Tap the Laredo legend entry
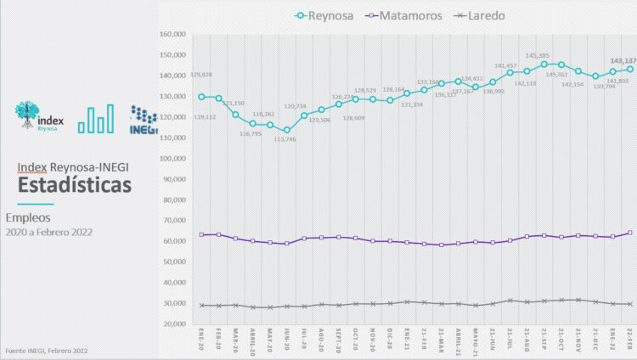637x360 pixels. tap(481, 15)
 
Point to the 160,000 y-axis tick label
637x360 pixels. tap(172, 35)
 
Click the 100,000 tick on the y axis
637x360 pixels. tap(172, 159)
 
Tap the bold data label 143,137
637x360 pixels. tap(623, 61)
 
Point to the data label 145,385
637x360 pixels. tap(540, 55)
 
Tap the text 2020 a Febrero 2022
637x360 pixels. tap(49, 232)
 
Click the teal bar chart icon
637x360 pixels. tap(95, 120)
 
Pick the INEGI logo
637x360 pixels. tap(144, 120)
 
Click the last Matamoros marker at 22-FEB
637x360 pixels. tap(629, 233)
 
